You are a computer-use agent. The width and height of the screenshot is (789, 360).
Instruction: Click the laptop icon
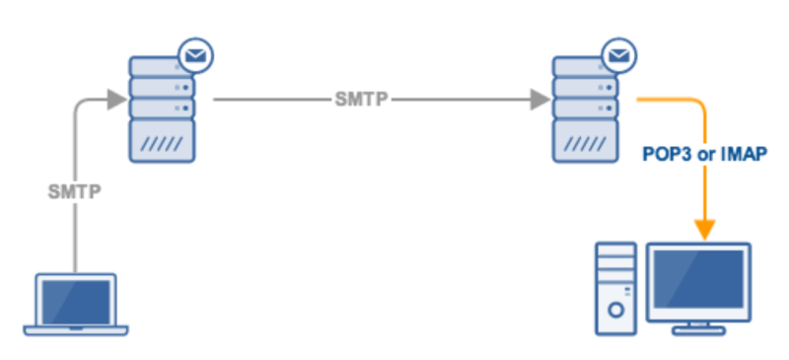coord(76,305)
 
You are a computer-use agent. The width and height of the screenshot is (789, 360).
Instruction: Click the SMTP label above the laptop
coord(75,191)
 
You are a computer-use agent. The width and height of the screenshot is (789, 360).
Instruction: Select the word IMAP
coord(745,155)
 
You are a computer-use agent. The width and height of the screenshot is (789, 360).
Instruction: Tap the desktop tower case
coord(617,288)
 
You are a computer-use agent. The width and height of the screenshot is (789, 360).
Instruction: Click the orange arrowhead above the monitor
coord(705,230)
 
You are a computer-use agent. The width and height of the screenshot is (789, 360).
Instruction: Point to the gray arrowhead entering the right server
coord(538,100)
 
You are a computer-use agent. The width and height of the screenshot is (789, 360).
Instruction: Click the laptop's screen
coord(76,298)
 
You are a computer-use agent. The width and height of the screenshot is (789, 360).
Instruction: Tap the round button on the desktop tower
coord(617,309)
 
